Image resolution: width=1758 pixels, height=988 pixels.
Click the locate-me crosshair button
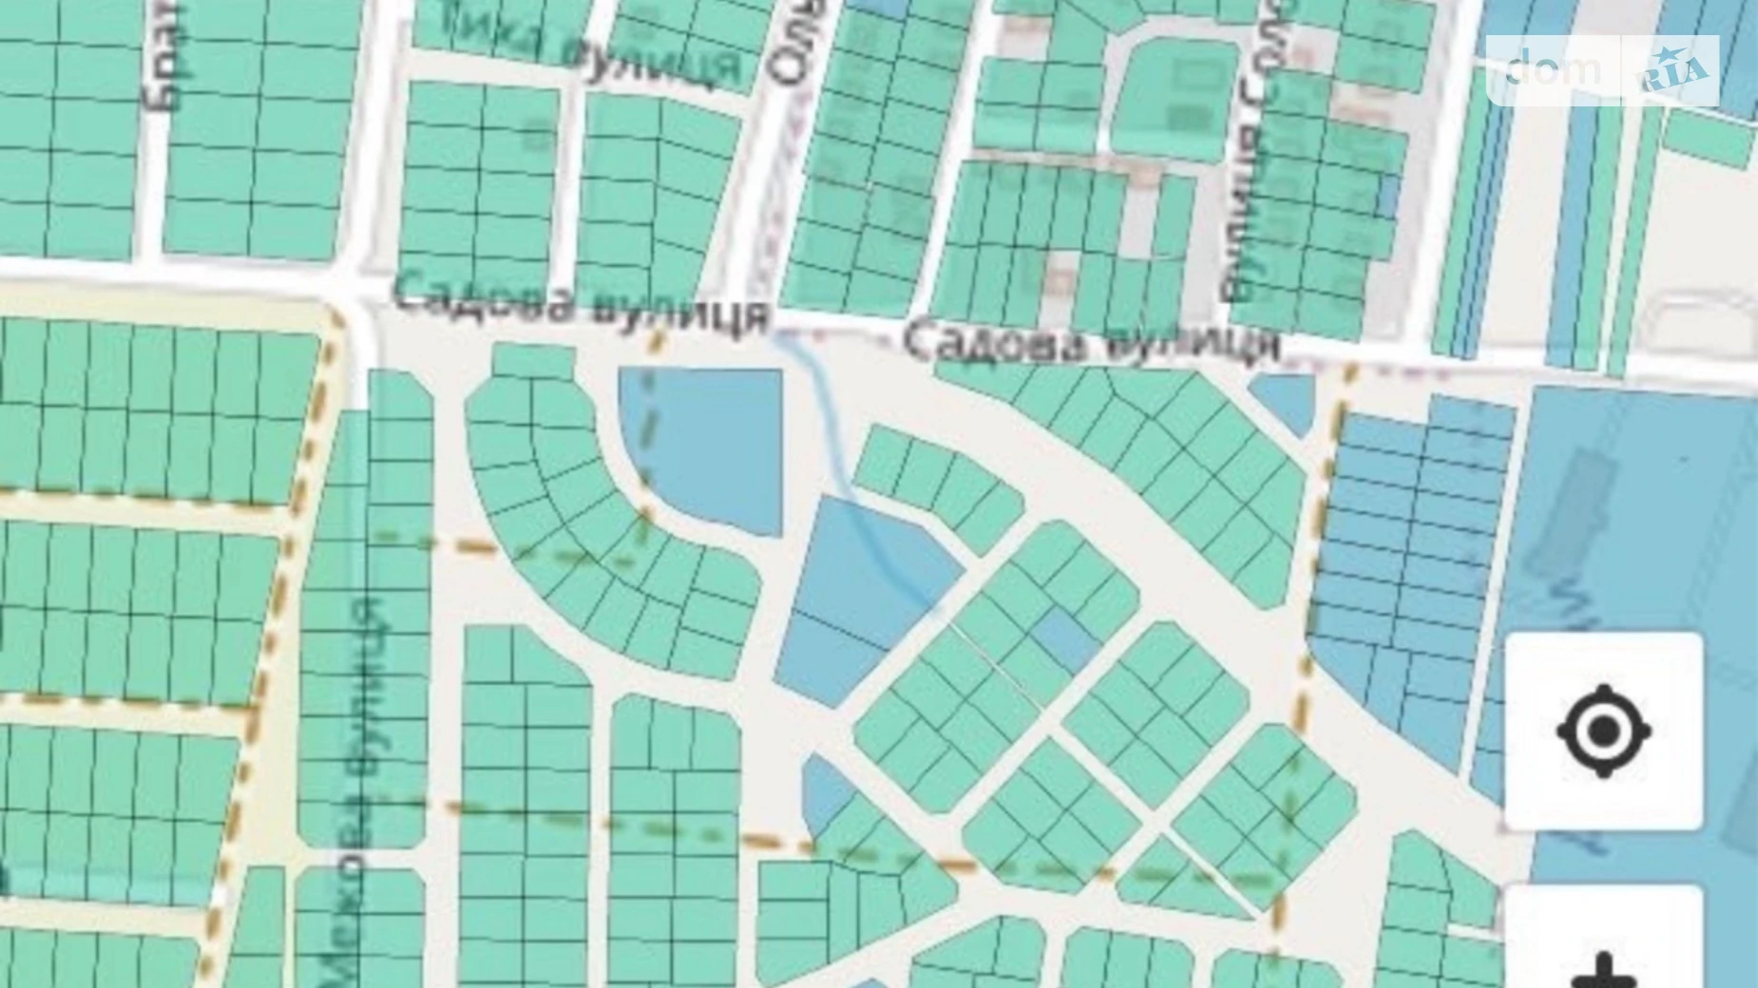(1603, 731)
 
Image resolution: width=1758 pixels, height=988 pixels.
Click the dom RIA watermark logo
(1602, 70)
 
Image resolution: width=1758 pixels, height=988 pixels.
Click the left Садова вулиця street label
(581, 302)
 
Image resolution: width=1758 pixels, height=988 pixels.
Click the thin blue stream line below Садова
(827, 418)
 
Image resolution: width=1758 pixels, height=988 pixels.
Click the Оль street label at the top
(793, 47)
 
